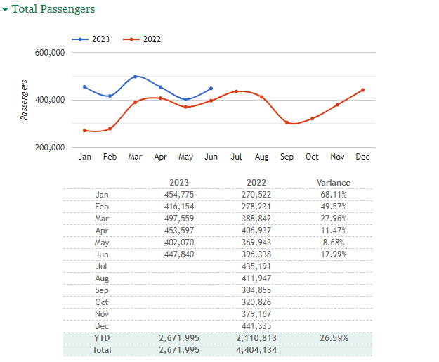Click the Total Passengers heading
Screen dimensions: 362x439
point(53,9)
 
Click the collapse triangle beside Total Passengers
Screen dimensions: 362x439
point(6,10)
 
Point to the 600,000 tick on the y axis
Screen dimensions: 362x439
point(49,53)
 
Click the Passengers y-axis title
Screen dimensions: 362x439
point(25,100)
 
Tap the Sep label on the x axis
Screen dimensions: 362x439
point(287,157)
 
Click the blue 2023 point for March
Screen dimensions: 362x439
point(135,77)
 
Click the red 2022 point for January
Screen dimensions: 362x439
point(84,131)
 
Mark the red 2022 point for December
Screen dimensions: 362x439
point(362,90)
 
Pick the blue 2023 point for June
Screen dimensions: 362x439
point(211,89)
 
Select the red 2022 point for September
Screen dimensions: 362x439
point(287,122)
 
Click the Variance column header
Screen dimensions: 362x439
point(333,183)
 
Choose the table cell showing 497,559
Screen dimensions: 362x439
point(179,219)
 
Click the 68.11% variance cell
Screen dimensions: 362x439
point(333,195)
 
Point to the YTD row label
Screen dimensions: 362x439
point(103,338)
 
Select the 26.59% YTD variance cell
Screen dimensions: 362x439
point(333,338)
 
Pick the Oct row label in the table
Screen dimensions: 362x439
point(103,302)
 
